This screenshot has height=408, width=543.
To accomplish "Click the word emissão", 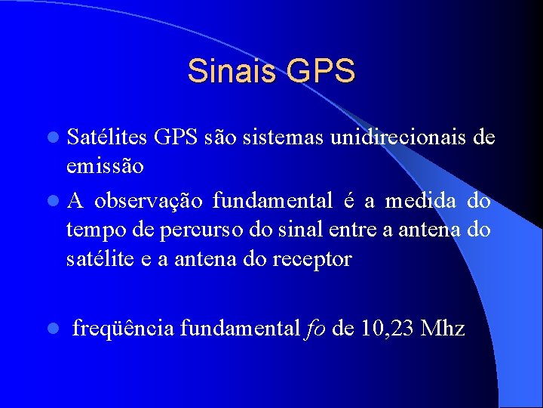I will (100, 165).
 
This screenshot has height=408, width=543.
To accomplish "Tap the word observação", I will (149, 201).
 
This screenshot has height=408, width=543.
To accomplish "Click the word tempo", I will (90, 230).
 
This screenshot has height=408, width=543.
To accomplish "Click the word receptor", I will (314, 259).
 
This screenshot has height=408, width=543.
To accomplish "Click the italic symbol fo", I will (315, 329).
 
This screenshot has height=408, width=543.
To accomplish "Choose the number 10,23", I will (388, 329).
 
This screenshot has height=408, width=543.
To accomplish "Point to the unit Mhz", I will (443, 329).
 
